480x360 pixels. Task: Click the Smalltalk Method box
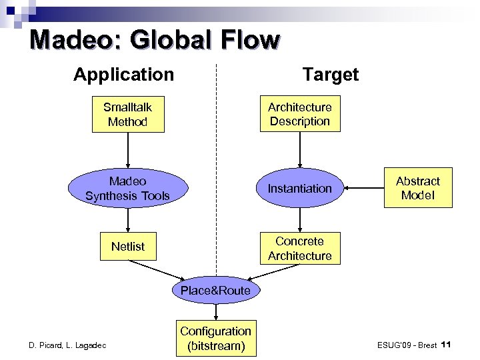pyautogui.click(x=127, y=114)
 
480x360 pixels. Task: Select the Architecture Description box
pyautogui.click(x=299, y=114)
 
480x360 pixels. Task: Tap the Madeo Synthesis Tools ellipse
pyautogui.click(x=127, y=188)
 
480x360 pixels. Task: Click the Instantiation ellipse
pyautogui.click(x=299, y=189)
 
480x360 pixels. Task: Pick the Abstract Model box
pyautogui.click(x=418, y=188)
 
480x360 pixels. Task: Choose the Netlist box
pyautogui.click(x=127, y=247)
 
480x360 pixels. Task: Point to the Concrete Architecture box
pyautogui.click(x=299, y=248)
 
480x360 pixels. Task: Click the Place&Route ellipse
pyautogui.click(x=215, y=290)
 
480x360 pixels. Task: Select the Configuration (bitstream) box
pyautogui.click(x=215, y=339)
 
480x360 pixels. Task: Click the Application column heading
pyautogui.click(x=123, y=74)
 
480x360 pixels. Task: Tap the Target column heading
pyautogui.click(x=330, y=74)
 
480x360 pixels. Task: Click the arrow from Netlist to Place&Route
pyautogui.click(x=157, y=270)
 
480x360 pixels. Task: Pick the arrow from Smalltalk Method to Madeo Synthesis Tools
pyautogui.click(x=127, y=149)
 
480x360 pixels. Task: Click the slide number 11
pyautogui.click(x=447, y=344)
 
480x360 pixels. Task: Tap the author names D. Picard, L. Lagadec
pyautogui.click(x=67, y=345)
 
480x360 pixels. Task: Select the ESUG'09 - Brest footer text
pyautogui.click(x=407, y=345)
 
